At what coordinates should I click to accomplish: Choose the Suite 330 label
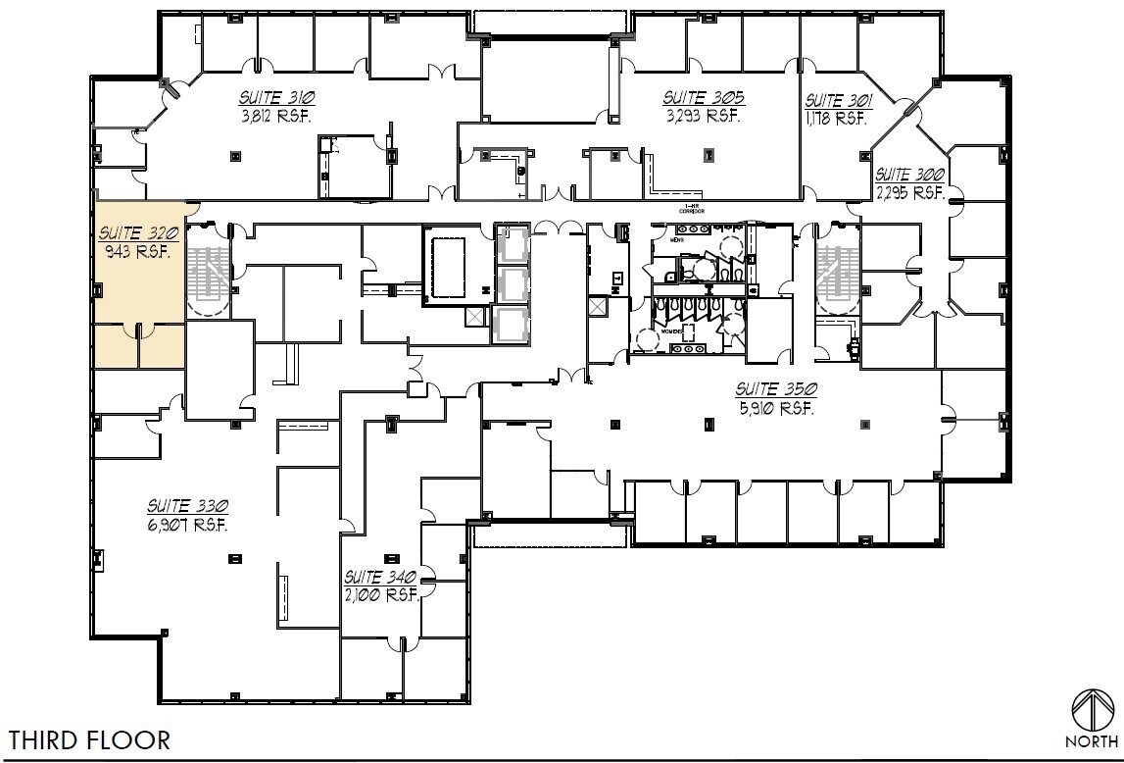[188, 506]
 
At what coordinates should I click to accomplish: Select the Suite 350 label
[776, 389]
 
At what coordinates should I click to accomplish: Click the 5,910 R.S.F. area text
[776, 408]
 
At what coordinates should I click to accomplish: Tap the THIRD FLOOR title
[90, 738]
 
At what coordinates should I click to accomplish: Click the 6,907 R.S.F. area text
[188, 525]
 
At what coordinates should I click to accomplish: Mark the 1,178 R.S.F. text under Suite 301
[836, 118]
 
